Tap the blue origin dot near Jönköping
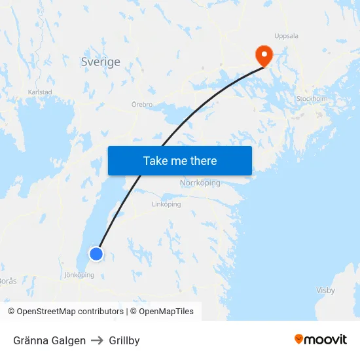coord(96,253)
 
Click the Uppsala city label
coord(286,36)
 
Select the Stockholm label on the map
coord(312,99)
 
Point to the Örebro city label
coord(142,105)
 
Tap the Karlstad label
coord(40,92)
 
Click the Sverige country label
coord(101,62)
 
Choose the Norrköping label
coord(200,183)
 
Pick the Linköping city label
coord(166,204)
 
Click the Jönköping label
coord(79,275)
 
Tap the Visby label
coord(325,290)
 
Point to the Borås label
coord(9,280)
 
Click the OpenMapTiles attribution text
coord(162,312)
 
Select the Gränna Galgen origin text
coord(49,340)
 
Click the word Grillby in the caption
coord(124,340)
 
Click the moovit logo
coord(321,339)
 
